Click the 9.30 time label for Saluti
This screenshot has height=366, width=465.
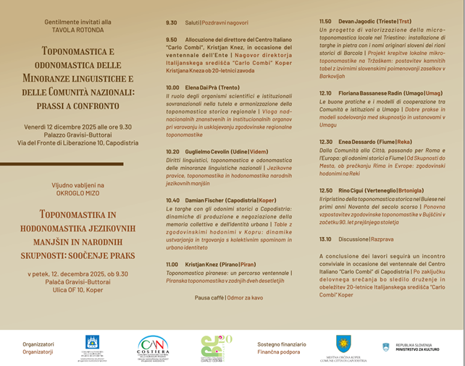click(171, 23)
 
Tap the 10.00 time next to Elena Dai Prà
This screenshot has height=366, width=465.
click(173, 88)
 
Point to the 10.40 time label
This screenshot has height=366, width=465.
click(173, 200)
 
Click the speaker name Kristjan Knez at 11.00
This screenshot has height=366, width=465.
click(208, 265)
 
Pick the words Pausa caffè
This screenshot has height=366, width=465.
click(209, 297)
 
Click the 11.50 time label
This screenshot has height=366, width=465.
click(326, 22)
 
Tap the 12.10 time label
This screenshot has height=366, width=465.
click(326, 93)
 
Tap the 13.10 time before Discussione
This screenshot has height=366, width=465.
click(326, 239)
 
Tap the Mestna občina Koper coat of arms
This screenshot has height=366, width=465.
click(344, 343)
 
